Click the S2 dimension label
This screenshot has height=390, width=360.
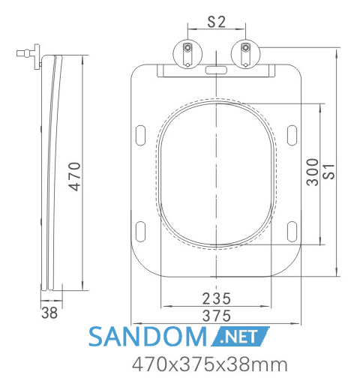click(217, 22)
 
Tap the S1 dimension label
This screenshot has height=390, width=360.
click(328, 172)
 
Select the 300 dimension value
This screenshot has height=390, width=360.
click(313, 172)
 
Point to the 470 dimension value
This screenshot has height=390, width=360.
click(75, 176)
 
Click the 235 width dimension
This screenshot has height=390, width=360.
click(217, 298)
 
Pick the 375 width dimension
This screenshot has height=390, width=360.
click(217, 316)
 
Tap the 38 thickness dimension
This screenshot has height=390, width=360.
click(49, 313)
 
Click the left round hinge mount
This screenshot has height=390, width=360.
click(187, 54)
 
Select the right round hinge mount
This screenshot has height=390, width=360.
click(245, 54)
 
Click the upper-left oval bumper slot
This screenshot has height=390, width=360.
click(140, 135)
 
